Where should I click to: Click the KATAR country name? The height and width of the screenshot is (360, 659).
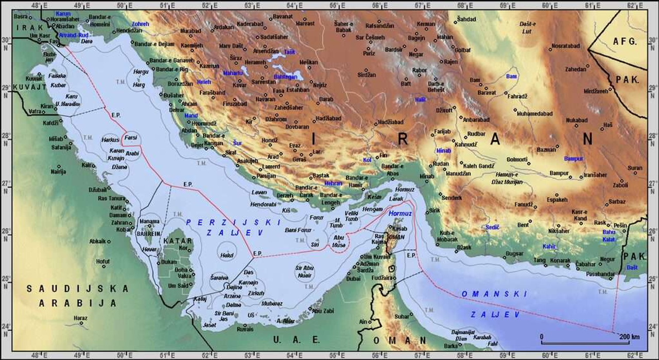pyautogui.click(x=178, y=241)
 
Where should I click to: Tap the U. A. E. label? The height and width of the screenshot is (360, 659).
pyautogui.click(x=297, y=340)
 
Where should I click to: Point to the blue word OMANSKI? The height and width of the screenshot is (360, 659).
pyautogui.click(x=494, y=294)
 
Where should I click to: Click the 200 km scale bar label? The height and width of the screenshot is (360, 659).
pyautogui.click(x=629, y=337)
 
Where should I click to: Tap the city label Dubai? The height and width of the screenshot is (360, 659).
pyautogui.click(x=354, y=279)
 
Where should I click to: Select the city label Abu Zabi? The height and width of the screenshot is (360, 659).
pyautogui.click(x=323, y=311)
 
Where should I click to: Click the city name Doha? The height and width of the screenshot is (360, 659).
pyautogui.click(x=181, y=269)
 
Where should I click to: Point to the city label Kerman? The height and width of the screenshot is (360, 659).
pyautogui.click(x=426, y=24)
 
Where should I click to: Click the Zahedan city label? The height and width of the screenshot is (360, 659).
pyautogui.click(x=576, y=69)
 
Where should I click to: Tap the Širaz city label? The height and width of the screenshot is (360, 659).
pyautogui.click(x=236, y=59)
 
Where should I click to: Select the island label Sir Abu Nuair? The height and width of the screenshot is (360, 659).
pyautogui.click(x=305, y=271)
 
